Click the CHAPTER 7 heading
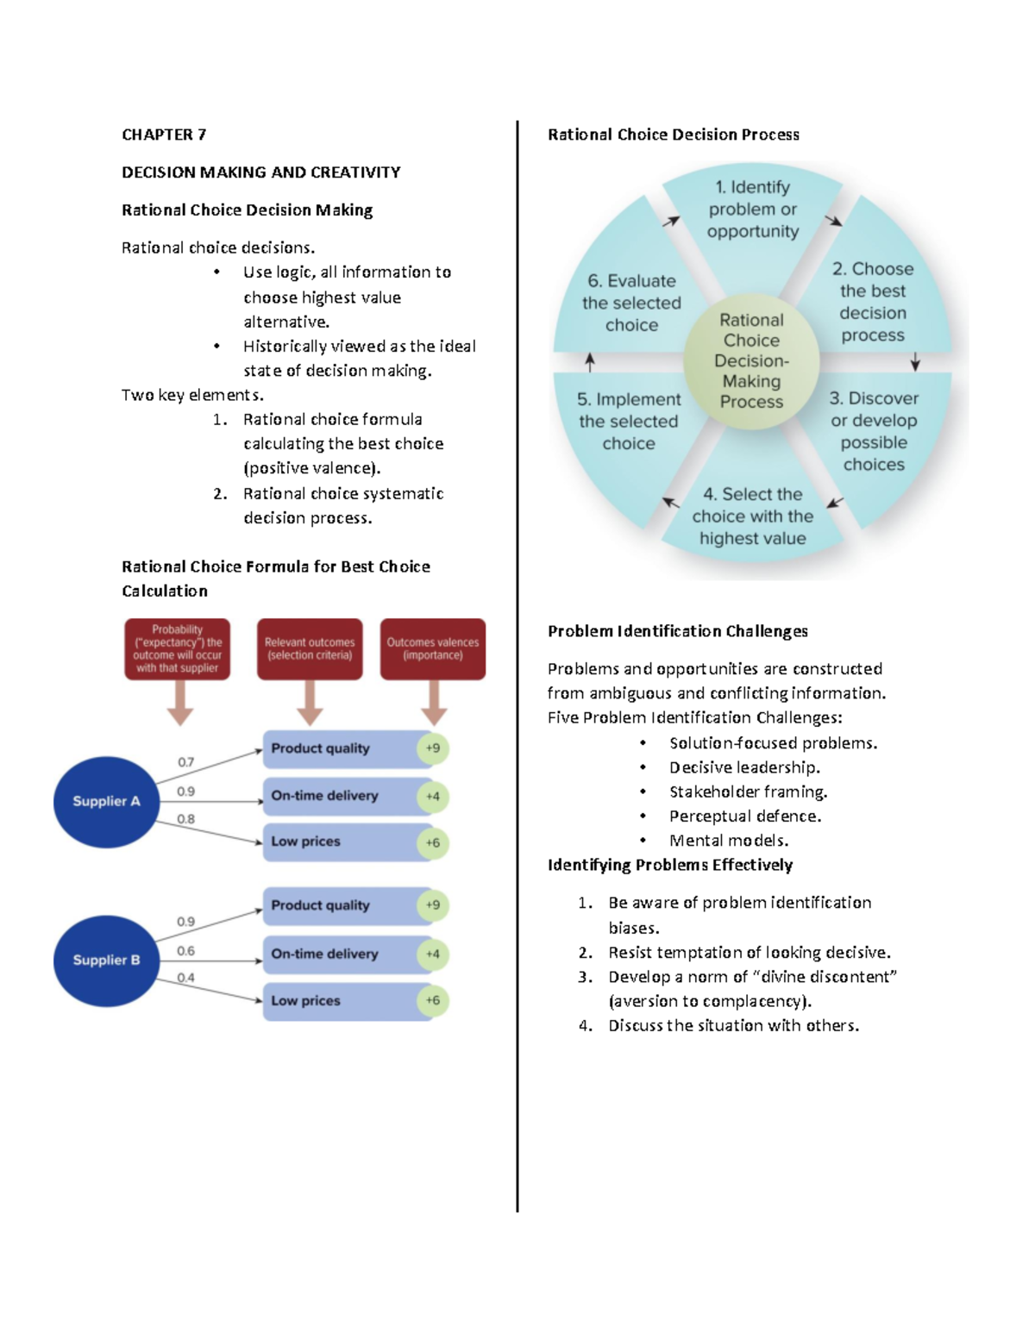pyautogui.click(x=164, y=135)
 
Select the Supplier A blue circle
pyautogui.click(x=106, y=801)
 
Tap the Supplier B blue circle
pyautogui.click(x=106, y=960)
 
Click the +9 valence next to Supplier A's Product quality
pyautogui.click(x=433, y=748)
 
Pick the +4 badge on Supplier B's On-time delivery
pyautogui.click(x=433, y=954)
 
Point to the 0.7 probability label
pyautogui.click(x=186, y=762)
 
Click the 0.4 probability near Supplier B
pyautogui.click(x=186, y=978)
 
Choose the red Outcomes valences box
pyautogui.click(x=433, y=648)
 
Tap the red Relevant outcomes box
pyautogui.click(x=310, y=648)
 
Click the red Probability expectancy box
pyautogui.click(x=177, y=648)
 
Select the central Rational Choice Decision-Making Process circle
pyautogui.click(x=751, y=360)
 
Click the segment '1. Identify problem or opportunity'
pyautogui.click(x=753, y=210)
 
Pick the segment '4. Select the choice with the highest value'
pyautogui.click(x=753, y=516)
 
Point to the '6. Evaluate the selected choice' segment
pyautogui.click(x=631, y=303)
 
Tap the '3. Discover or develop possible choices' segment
pyautogui.click(x=874, y=431)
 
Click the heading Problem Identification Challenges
pyautogui.click(x=677, y=631)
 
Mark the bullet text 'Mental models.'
pyautogui.click(x=729, y=841)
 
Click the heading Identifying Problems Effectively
pyautogui.click(x=670, y=865)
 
